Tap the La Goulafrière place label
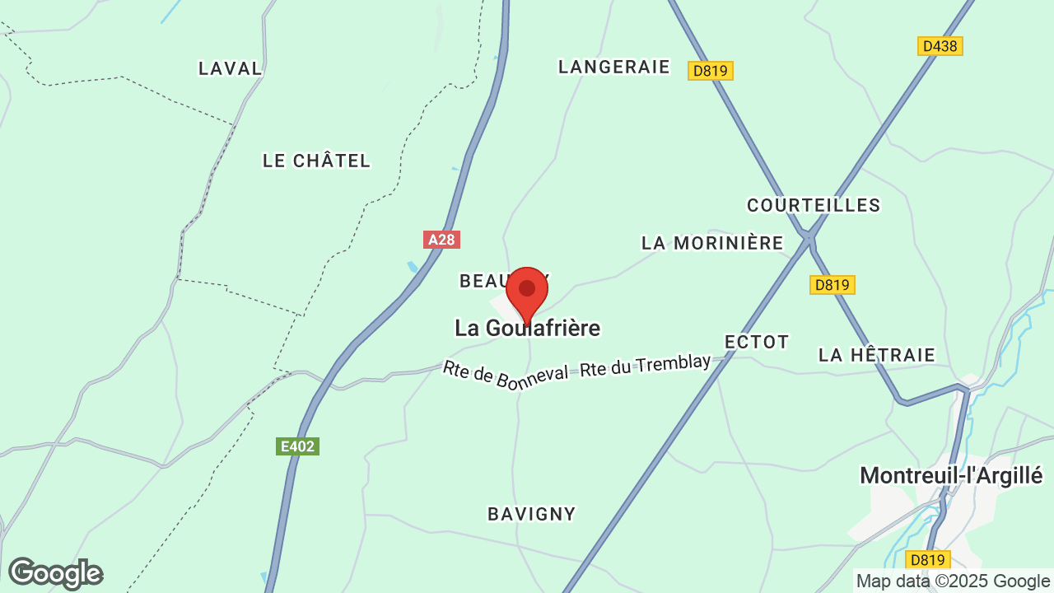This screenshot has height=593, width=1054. coord(527,329)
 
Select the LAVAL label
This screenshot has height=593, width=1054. coord(231,68)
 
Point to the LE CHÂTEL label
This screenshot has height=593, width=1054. coord(317,161)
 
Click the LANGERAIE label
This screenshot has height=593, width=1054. coord(614,67)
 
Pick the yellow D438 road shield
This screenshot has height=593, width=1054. coord(940,46)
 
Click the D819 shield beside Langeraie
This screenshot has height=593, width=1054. coord(711,71)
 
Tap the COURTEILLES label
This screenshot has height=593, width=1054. coord(814,205)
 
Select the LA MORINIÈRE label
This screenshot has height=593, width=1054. coord(712,243)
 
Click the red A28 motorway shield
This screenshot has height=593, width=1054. coord(441,240)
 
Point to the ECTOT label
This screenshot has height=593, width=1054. coord(757,342)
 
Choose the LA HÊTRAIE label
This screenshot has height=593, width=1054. coord(877,355)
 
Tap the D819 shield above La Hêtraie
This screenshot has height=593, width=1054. coord(832,285)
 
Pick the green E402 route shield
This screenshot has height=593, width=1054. coord(297,446)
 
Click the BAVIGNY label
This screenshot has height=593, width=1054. coord(532,514)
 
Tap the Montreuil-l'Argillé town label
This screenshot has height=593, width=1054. coord(951,475)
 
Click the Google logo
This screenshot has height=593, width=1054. coord(55,573)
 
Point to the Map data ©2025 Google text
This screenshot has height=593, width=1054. coord(953,581)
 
